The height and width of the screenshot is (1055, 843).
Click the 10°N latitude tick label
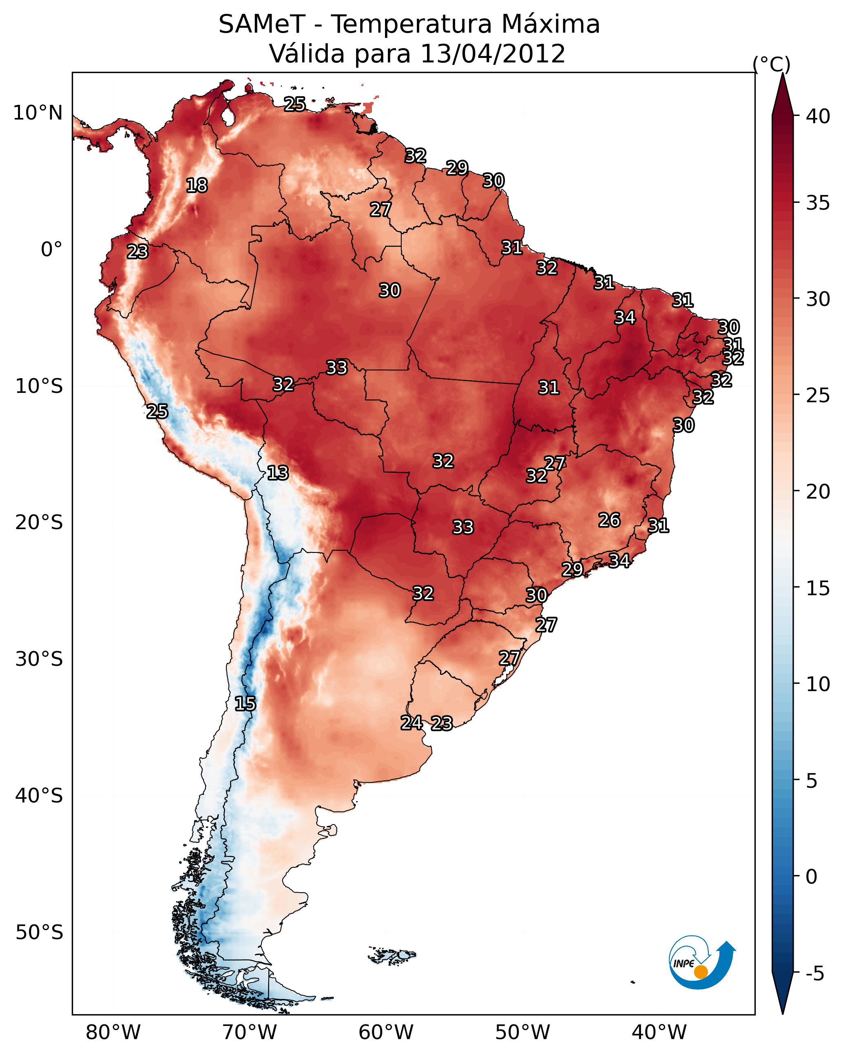pyautogui.click(x=38, y=113)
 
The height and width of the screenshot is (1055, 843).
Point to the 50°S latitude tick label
pyautogui.click(x=39, y=933)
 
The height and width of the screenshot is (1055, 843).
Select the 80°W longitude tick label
pyautogui.click(x=113, y=1033)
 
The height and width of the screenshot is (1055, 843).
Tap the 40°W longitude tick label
pyautogui.click(x=659, y=1033)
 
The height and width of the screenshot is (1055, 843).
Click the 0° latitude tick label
pyautogui.click(x=51, y=250)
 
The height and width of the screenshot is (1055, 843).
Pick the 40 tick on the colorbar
pyautogui.click(x=818, y=116)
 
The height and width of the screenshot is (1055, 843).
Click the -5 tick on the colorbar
pyautogui.click(x=814, y=974)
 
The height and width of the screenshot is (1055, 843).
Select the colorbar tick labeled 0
pyautogui.click(x=811, y=878)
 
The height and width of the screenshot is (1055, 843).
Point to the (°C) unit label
pyautogui.click(x=772, y=64)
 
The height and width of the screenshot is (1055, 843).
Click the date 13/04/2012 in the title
pyautogui.click(x=493, y=54)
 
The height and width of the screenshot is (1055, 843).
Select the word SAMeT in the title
pyautogui.click(x=262, y=24)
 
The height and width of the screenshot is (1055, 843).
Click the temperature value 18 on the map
pyautogui.click(x=197, y=186)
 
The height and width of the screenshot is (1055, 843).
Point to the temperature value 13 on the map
pyautogui.click(x=278, y=473)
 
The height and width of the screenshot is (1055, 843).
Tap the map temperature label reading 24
pyautogui.click(x=412, y=723)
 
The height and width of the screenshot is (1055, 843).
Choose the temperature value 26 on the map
pyautogui.click(x=609, y=520)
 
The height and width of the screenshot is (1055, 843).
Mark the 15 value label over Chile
pyautogui.click(x=245, y=704)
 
